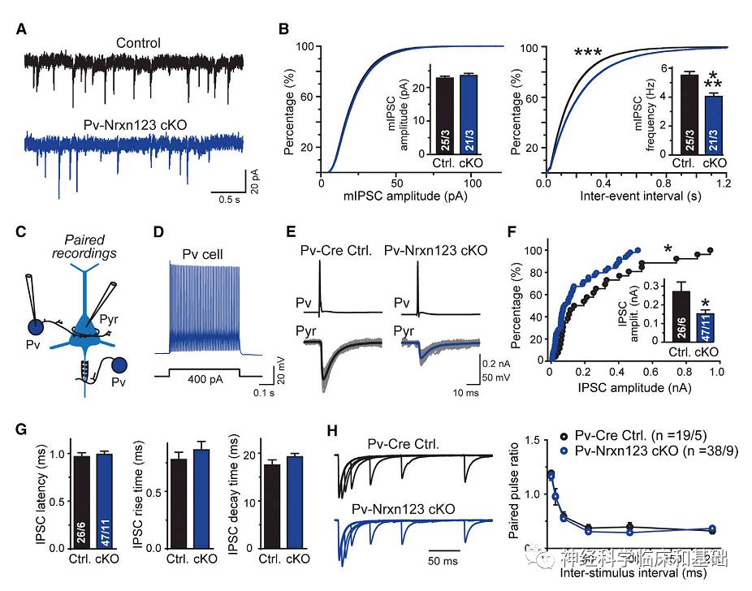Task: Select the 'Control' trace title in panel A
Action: click(x=138, y=43)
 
